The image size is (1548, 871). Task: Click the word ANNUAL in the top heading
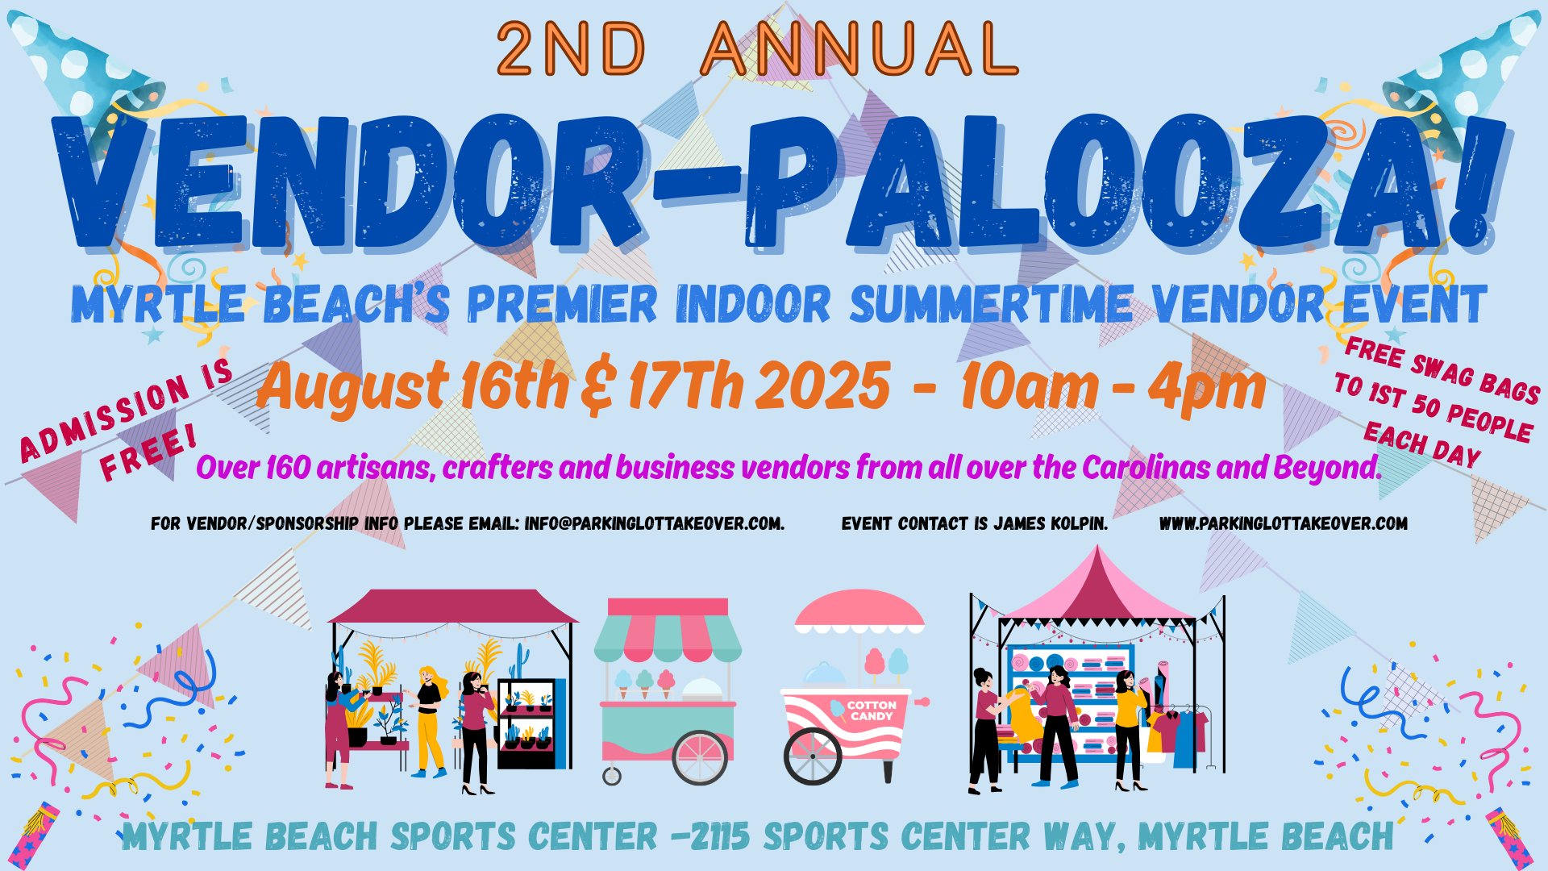859,48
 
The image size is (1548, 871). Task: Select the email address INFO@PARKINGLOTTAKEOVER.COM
654,523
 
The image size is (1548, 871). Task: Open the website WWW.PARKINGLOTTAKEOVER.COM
1284,523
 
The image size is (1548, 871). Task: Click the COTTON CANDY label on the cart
872,711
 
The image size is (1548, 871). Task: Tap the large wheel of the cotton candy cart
813,756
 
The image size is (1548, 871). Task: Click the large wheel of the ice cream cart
701,756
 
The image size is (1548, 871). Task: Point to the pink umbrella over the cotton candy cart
859,611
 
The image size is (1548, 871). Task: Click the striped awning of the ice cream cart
668,631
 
